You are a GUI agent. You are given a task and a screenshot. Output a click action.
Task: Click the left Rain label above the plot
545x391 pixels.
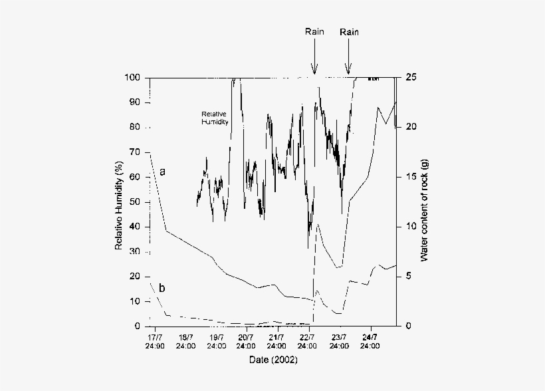pos(315,32)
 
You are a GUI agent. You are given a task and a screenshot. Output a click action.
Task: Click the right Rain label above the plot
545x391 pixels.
pos(350,32)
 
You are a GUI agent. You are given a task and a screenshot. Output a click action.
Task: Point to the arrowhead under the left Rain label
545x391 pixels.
pos(315,71)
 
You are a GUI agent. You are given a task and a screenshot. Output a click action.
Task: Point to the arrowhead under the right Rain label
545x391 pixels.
pos(348,71)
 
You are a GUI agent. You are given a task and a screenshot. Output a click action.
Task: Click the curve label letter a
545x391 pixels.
pos(162,172)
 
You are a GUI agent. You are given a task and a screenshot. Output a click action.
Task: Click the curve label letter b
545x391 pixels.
pos(162,288)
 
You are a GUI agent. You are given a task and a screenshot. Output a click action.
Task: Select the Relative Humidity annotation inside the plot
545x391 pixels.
pos(215,118)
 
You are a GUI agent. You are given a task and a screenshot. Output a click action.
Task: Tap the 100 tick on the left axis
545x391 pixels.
pos(132,78)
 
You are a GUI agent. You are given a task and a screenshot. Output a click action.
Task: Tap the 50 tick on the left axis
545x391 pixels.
pos(134,202)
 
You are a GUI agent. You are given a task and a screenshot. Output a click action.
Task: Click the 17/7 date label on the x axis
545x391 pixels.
pos(154,338)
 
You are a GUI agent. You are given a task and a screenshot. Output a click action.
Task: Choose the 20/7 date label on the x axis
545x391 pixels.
pos(246,338)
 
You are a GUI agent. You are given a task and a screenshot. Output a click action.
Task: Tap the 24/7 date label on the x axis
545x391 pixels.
pos(370,338)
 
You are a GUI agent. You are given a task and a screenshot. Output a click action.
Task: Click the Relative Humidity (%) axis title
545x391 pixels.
pos(119,201)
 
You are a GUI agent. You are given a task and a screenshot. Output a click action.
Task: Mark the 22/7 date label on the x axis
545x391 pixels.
pos(308,338)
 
